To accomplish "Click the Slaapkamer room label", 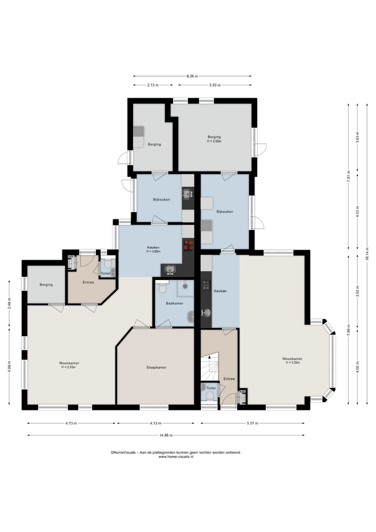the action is [x=156, y=367].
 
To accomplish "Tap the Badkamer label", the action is [x=174, y=303].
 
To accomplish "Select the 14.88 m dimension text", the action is [x=166, y=435].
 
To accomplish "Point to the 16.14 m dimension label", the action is [x=367, y=254].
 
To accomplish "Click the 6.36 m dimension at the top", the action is [x=192, y=76].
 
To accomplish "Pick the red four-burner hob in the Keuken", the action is [x=188, y=245].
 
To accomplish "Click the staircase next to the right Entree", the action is [x=210, y=367].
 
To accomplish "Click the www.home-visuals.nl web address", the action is [x=176, y=457].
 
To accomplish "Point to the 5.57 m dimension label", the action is [x=252, y=423].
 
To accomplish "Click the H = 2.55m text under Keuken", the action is [x=153, y=252].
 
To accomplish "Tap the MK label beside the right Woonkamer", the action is [x=243, y=392].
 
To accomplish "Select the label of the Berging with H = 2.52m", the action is [x=214, y=137].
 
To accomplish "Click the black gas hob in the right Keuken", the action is [x=206, y=285].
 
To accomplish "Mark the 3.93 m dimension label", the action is [x=215, y=85].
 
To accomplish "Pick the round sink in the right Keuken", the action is [x=206, y=313].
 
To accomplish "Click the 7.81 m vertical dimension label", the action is [x=349, y=176].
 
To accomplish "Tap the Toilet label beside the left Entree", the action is [x=105, y=273].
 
